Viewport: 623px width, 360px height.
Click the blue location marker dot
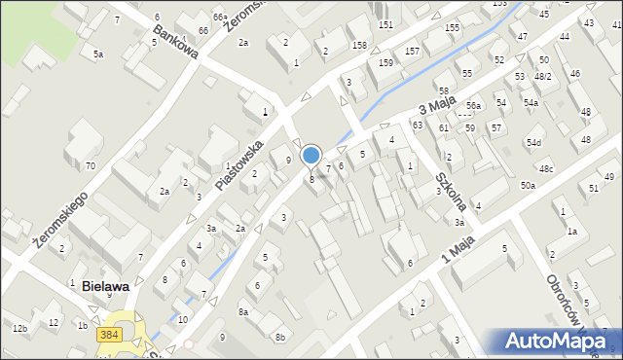(311, 155)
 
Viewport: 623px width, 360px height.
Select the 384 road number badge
(109, 335)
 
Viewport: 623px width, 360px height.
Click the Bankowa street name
(175, 42)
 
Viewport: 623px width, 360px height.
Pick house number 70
(90, 166)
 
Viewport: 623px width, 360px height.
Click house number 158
(359, 46)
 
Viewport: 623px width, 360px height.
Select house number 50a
(528, 185)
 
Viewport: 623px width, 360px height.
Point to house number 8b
(280, 337)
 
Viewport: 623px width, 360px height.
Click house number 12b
(19, 329)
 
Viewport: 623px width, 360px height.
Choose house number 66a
(220, 18)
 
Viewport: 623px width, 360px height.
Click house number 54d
(533, 143)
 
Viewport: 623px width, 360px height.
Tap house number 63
(417, 126)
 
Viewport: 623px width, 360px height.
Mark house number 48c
(546, 169)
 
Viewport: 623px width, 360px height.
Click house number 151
(385, 24)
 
